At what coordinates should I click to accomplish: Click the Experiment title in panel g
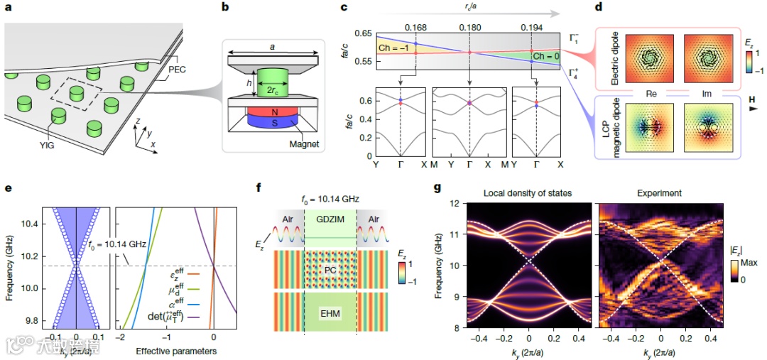[661, 193]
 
